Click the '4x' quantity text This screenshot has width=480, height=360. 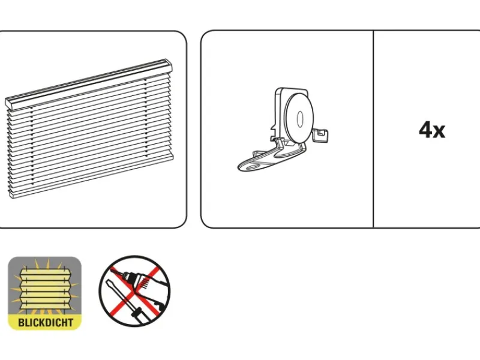coord(432,130)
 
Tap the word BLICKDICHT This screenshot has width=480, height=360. coord(46,322)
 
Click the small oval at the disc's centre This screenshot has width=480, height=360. coord(300,119)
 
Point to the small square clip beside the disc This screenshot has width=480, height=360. coord(320,136)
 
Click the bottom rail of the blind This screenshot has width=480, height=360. coord(92,175)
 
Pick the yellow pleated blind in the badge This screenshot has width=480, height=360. coord(46,289)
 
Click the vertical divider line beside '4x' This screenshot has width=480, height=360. coord(373,129)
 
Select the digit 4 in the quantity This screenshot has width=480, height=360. coord(426,130)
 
